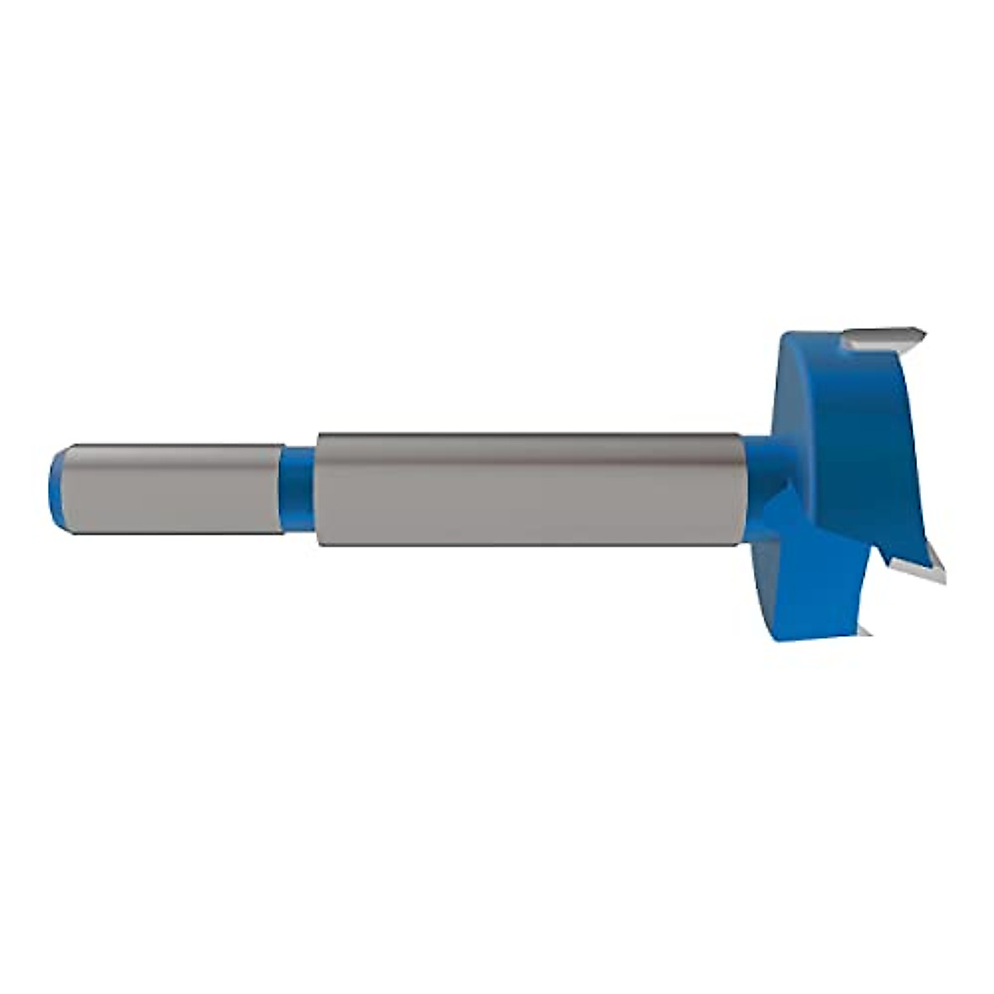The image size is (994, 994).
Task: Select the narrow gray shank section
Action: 170,489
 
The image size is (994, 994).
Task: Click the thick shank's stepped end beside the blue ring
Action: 318,489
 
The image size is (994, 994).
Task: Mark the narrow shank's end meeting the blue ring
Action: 280,489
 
